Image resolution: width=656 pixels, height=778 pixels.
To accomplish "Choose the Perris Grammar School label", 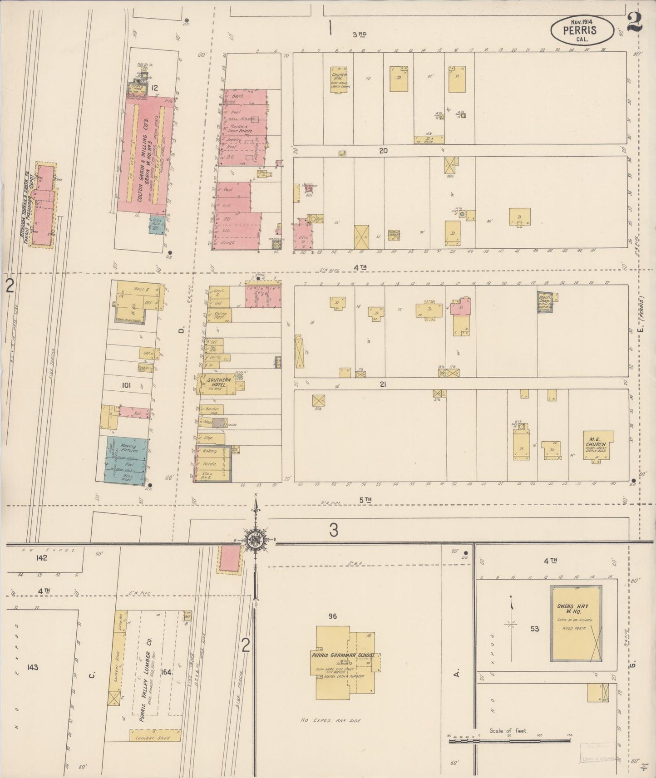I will (343, 655).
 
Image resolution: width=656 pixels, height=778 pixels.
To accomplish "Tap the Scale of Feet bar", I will (509, 740).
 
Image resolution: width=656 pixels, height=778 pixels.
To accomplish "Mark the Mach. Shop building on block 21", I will (547, 301).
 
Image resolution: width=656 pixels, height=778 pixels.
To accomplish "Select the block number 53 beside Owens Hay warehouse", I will (534, 629).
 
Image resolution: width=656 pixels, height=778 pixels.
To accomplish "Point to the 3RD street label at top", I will (359, 34).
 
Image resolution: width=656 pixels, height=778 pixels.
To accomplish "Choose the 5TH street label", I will (365, 500).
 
